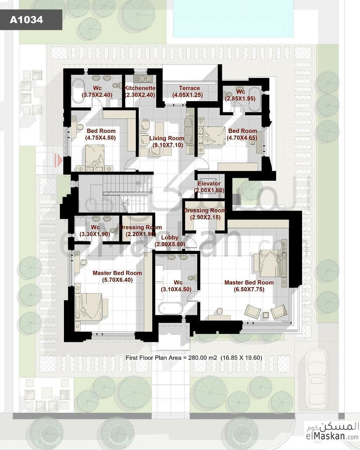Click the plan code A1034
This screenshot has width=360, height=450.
[x=26, y=20]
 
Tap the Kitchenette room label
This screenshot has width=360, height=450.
[x=140, y=88]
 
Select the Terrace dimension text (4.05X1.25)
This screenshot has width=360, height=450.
[x=187, y=95]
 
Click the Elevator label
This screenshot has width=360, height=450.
[x=209, y=183]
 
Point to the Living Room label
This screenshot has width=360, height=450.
[x=167, y=138]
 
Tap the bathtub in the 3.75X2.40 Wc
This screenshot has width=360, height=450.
[x=78, y=91]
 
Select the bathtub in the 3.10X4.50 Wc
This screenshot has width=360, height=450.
[x=170, y=308]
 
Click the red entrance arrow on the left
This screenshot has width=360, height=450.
[x=58, y=160]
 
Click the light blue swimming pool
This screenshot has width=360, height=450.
[x=233, y=18]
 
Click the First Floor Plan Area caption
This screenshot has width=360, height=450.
[x=194, y=358]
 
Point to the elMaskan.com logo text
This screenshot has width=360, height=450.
[x=333, y=435]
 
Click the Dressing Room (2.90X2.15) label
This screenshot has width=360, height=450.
[x=205, y=214]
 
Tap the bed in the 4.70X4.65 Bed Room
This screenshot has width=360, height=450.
[x=212, y=136]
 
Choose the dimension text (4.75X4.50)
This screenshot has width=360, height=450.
[x=100, y=138]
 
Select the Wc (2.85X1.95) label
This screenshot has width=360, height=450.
[x=240, y=95]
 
